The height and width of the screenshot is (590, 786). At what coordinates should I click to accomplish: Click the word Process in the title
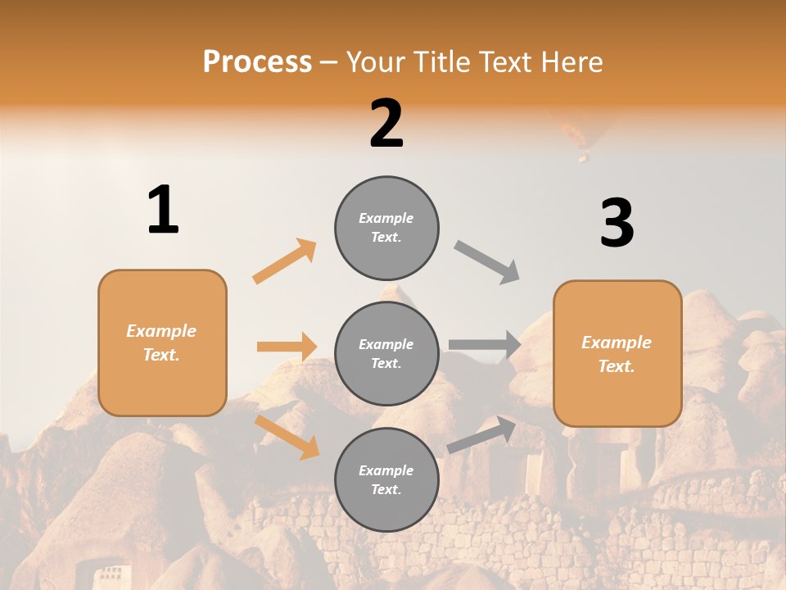[x=257, y=62]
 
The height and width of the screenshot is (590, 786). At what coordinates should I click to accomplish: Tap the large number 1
[x=163, y=211]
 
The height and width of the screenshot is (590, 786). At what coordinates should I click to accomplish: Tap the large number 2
[x=386, y=124]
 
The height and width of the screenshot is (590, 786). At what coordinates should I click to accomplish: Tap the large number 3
[x=617, y=224]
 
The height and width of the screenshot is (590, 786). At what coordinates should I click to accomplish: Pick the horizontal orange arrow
[x=287, y=347]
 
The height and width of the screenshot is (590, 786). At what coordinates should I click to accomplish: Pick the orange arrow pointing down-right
[x=287, y=436]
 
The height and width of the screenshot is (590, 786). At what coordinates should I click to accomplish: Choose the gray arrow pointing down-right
[x=487, y=261]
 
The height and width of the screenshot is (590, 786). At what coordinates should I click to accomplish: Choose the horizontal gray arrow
[x=485, y=344]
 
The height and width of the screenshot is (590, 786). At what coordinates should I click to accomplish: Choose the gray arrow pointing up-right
[x=482, y=434]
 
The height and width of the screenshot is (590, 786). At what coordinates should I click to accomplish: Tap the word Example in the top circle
[x=386, y=218]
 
